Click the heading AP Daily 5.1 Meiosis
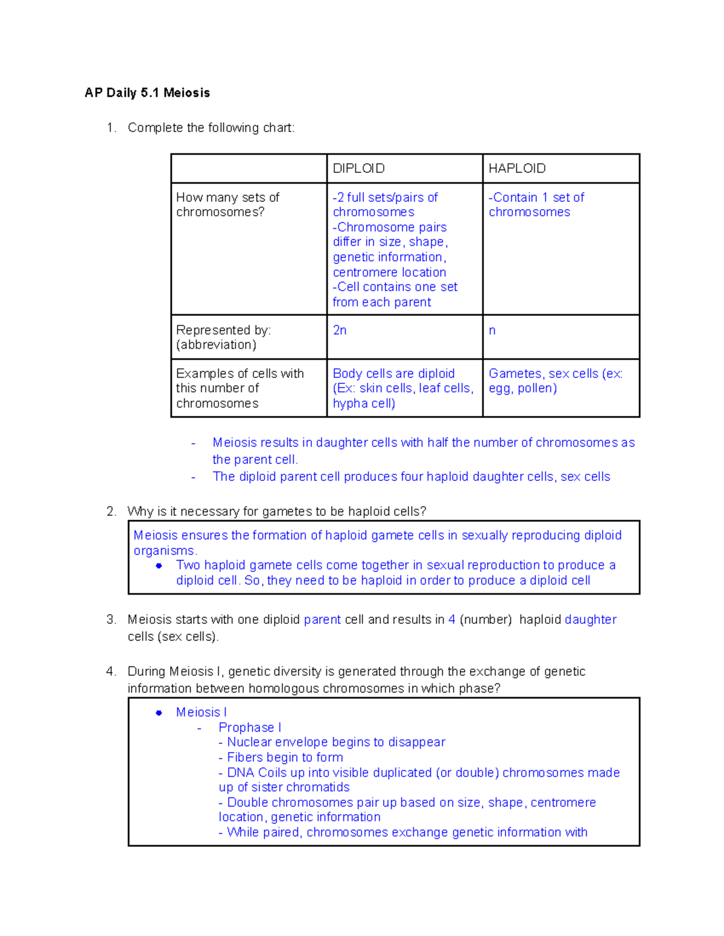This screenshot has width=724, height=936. pos(147,93)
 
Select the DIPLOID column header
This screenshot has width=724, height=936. pos(358,169)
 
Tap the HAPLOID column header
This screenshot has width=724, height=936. pos(517,169)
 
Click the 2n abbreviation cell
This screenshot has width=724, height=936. pos(340,330)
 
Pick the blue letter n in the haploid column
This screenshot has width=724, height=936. pos(492,330)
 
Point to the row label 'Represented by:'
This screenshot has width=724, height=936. pos(223,330)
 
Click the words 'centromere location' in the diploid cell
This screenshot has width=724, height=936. pos(389,272)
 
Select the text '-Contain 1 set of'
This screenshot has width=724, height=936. pos(536,198)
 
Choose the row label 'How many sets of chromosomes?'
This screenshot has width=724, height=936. pos(227,205)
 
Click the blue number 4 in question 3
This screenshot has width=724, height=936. pos(452,620)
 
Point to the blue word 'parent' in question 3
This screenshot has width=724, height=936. pos(322,620)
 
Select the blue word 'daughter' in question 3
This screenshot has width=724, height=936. pos(591,620)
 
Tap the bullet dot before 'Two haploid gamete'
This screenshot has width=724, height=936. pos(159,565)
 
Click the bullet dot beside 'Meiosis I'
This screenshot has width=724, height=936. pos(159,712)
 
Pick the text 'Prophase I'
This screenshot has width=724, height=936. pos(250,727)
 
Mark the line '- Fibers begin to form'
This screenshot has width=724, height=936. pos(281,758)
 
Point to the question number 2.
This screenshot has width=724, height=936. pos(111,512)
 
